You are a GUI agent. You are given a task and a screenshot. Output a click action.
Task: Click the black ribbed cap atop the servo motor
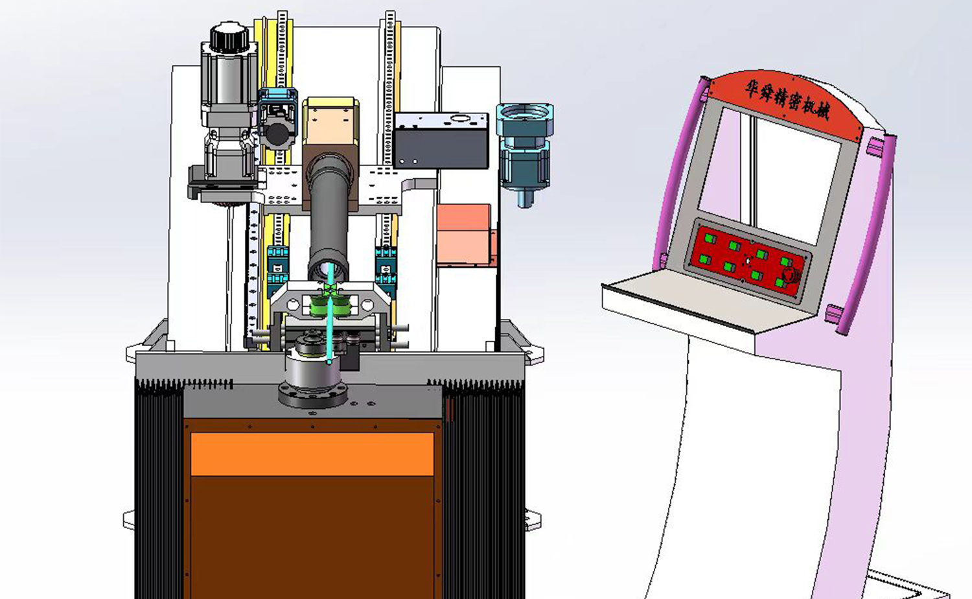tap(229, 38)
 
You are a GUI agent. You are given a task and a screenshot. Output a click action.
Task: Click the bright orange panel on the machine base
tap(312, 454)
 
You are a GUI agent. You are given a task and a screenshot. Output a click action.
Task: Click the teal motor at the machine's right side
tap(526, 152)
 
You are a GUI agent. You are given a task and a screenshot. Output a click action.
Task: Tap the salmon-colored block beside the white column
tap(465, 235)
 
